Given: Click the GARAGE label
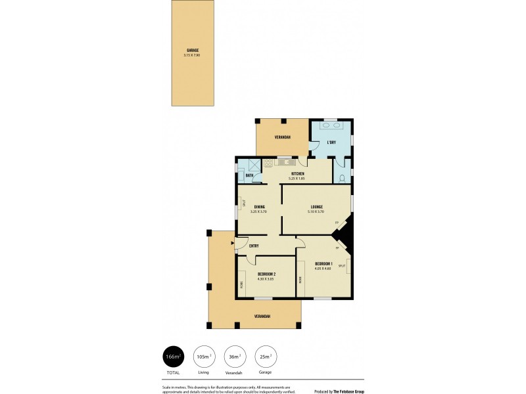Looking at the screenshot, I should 192,50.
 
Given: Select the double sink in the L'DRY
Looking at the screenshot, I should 331,125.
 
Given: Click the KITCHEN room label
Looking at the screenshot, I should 297,174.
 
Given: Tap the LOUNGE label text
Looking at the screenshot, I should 316,207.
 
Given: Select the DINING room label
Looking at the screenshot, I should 259,207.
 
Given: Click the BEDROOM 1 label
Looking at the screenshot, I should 323,264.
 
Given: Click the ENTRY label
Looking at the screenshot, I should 254,246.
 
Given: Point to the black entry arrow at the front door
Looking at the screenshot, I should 232,242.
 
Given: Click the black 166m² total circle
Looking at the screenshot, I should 174,356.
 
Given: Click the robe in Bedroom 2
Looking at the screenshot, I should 242,283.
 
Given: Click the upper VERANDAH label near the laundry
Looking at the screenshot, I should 283,137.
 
